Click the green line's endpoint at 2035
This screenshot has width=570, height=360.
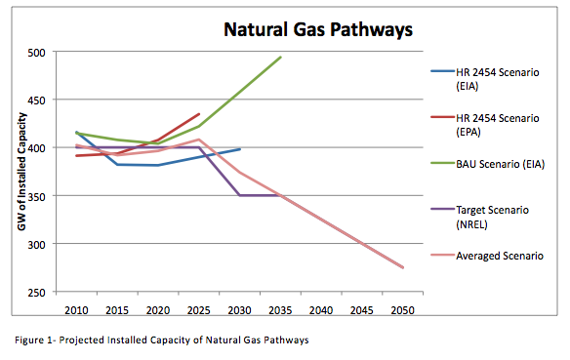[x=281, y=57]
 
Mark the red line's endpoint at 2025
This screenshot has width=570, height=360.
[x=199, y=113]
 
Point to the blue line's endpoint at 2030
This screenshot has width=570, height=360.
[x=240, y=149]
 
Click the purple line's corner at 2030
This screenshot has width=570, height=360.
[x=240, y=195]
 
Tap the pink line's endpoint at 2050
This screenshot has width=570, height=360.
[x=401, y=267]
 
